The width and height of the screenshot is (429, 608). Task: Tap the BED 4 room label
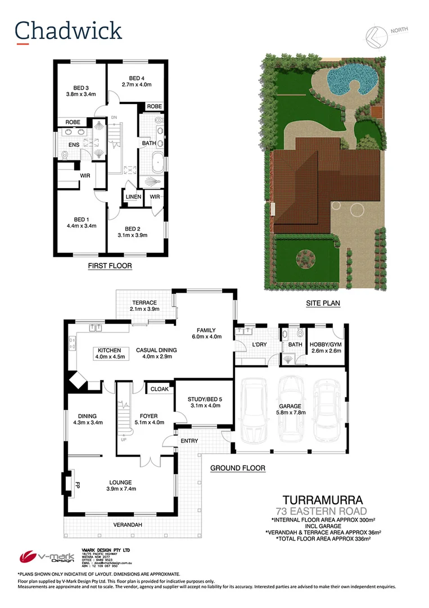(137, 78)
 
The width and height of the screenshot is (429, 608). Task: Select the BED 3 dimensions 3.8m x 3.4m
(81, 95)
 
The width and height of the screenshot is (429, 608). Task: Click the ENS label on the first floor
(74, 145)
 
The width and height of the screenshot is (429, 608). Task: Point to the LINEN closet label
(133, 196)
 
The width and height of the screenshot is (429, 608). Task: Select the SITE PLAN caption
(323, 303)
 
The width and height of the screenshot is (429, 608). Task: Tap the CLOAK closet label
(160, 388)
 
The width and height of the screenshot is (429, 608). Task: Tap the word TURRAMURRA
(322, 499)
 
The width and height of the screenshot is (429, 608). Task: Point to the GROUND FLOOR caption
(237, 468)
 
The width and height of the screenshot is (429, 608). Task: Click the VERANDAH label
(127, 525)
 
